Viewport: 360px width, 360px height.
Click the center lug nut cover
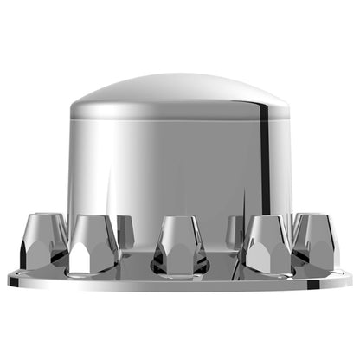pyautogui.click(x=180, y=245)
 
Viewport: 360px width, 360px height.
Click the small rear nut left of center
pyautogui.click(x=125, y=230)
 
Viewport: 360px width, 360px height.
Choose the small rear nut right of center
pyautogui.click(x=235, y=230)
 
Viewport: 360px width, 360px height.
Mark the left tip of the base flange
pyautogui.click(x=9, y=279)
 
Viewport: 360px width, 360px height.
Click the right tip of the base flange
pyautogui.click(x=350, y=279)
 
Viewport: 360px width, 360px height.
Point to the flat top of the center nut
pyautogui.click(x=180, y=219)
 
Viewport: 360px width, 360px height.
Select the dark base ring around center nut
pyautogui.click(x=180, y=270)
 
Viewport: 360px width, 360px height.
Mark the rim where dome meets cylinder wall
pyautogui.click(x=180, y=113)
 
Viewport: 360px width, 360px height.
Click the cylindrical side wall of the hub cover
pyautogui.click(x=180, y=164)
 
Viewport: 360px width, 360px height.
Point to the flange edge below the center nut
pyautogui.click(x=180, y=286)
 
